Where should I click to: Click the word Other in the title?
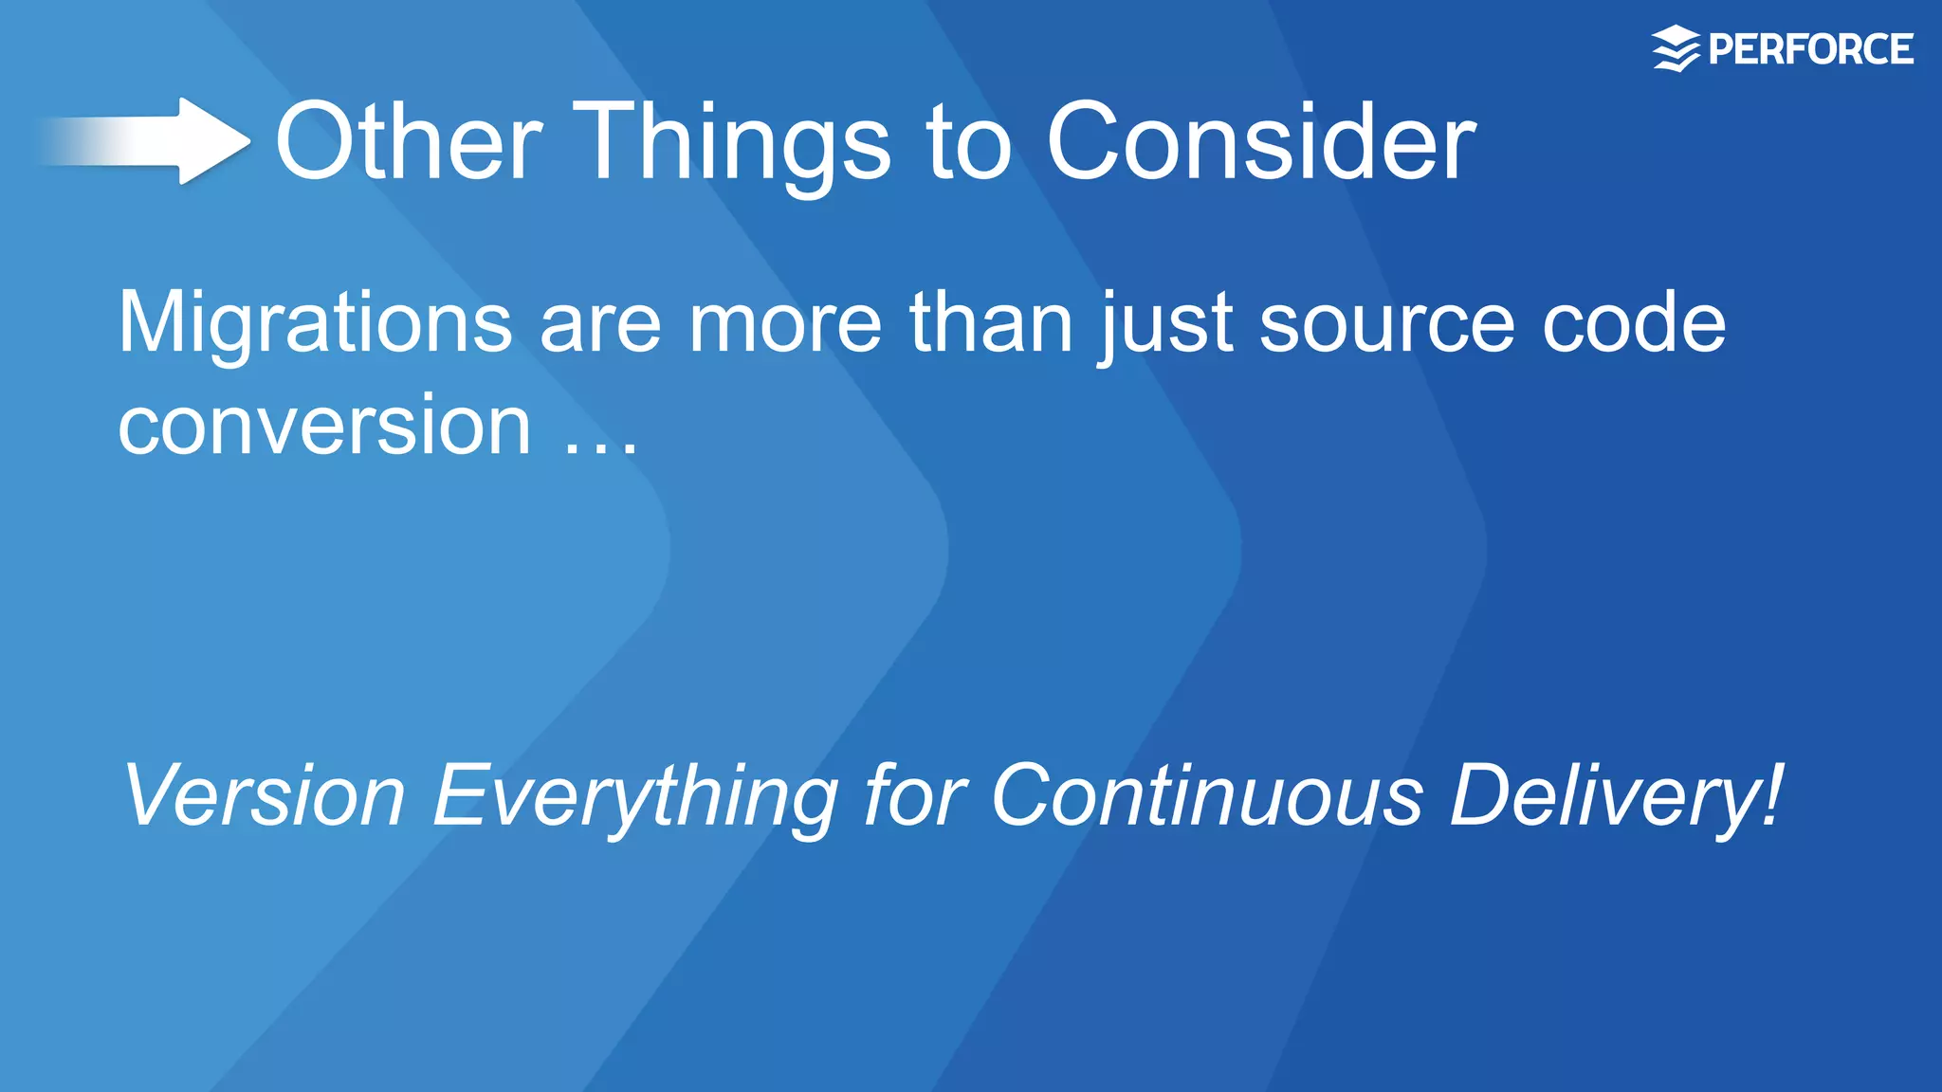coord(408,142)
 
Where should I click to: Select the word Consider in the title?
coord(1261,142)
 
